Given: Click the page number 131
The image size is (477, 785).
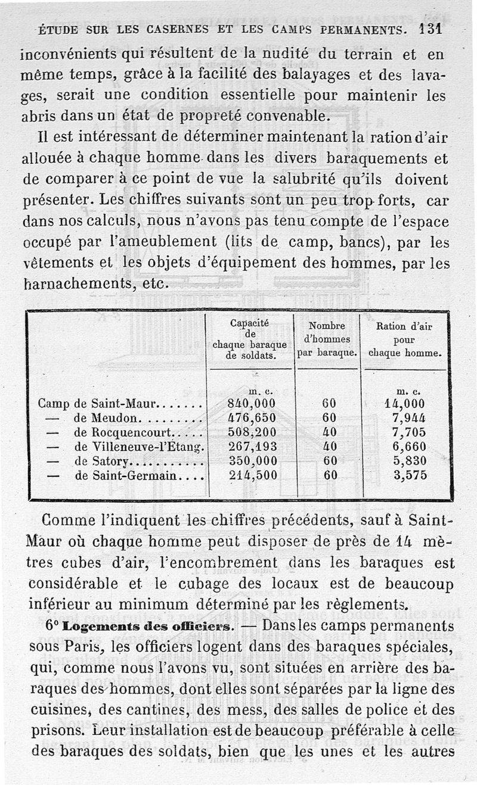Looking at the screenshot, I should coord(430,28).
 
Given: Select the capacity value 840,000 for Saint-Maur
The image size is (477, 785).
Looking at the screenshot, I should coord(252,403).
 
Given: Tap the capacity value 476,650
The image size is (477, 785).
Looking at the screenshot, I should coord(252,418).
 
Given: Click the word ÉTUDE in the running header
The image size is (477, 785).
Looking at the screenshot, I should coord(58,29).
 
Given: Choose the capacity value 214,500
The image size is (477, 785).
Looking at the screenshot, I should coord(252,475).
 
